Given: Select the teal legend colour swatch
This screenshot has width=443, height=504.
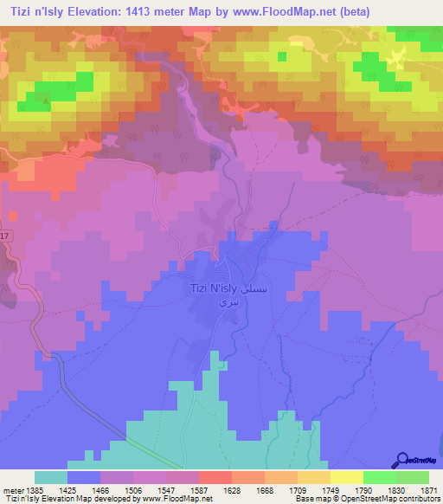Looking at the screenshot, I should pyautogui.click(x=51, y=477).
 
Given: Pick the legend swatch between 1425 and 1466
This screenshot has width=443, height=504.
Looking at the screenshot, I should pyautogui.click(x=84, y=477).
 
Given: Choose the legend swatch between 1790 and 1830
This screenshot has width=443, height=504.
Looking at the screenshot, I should pyautogui.click(x=379, y=477).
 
